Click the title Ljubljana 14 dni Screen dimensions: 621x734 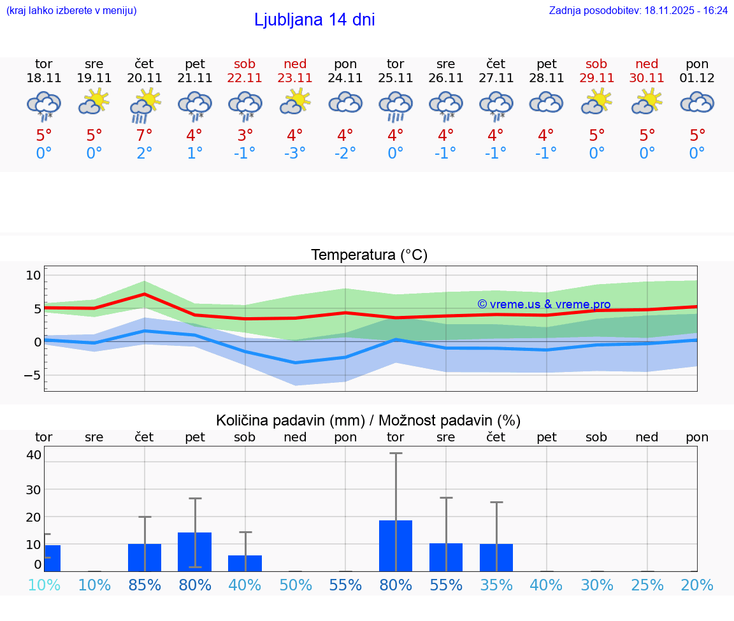(314, 20)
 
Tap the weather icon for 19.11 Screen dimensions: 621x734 (94, 102)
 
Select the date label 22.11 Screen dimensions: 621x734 (245, 78)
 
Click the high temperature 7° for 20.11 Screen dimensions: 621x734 (145, 135)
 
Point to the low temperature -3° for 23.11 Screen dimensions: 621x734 (295, 153)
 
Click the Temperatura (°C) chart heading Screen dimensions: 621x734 (369, 255)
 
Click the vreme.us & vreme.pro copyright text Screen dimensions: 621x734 (543, 304)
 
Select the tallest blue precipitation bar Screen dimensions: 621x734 (396, 545)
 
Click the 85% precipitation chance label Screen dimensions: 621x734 (145, 585)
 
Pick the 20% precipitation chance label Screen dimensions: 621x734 (697, 585)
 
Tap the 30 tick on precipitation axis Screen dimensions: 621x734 (34, 490)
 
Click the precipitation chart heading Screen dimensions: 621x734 (368, 420)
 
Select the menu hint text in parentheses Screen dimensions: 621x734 (71, 10)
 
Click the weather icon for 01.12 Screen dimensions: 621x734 (697, 102)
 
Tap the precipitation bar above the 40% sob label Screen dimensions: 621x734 (245, 563)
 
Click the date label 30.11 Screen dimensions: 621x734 (647, 78)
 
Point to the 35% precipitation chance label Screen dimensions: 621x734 (496, 585)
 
